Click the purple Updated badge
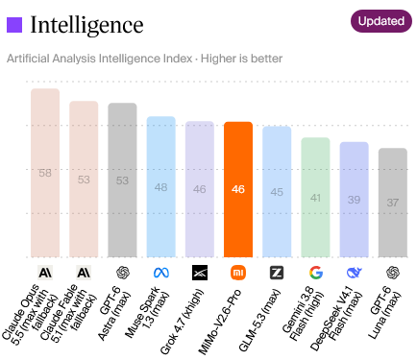pyautogui.click(x=381, y=21)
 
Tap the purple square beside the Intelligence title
pyautogui.click(x=14, y=25)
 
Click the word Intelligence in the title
pyautogui.click(x=86, y=25)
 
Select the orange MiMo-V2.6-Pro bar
pyautogui.click(x=238, y=189)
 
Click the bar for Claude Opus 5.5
pyautogui.click(x=45, y=173)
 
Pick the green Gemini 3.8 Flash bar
pyautogui.click(x=315, y=198)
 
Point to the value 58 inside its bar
pyautogui.click(x=45, y=173)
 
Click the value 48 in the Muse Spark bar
pyautogui.click(x=160, y=187)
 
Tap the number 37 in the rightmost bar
pyautogui.click(x=393, y=203)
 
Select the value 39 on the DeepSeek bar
pyautogui.click(x=354, y=200)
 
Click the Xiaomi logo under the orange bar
pyautogui.click(x=238, y=273)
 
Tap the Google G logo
pyautogui.click(x=316, y=273)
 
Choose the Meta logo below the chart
pyautogui.click(x=161, y=273)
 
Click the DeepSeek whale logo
pyautogui.click(x=355, y=273)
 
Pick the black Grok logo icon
pyautogui.click(x=200, y=273)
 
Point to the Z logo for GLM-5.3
pyautogui.click(x=277, y=273)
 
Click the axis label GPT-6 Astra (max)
pyautogui.click(x=114, y=313)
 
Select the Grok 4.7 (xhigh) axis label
pyautogui.click(x=182, y=322)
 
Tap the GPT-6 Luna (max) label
pyautogui.click(x=384, y=313)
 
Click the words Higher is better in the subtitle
pyautogui.click(x=241, y=59)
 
